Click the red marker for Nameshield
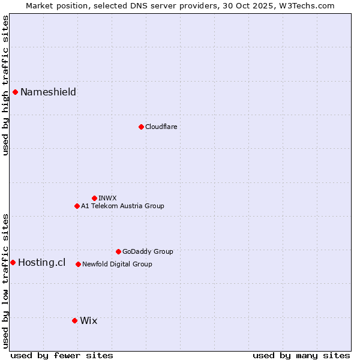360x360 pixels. tap(15, 92)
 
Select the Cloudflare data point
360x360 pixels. tap(141, 127)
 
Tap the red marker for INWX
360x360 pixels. tap(94, 198)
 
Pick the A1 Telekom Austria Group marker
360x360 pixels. tap(77, 206)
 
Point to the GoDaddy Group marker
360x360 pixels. tap(118, 251)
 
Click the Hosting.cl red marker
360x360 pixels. tap(13, 262)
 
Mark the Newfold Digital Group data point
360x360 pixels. tap(78, 264)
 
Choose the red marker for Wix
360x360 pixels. tap(74, 320)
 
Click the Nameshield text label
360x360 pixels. tap(48, 92)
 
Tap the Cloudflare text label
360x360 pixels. tap(161, 127)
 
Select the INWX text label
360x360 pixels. tap(107, 198)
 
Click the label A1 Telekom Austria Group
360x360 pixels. tap(122, 206)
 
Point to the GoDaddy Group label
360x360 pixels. tap(148, 251)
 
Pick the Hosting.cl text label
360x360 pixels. tap(41, 262)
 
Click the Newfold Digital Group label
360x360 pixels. tap(117, 264)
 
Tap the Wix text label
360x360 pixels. tap(88, 320)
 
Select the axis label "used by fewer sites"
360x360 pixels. tap(62, 355)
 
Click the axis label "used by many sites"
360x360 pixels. tap(301, 355)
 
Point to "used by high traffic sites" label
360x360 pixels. tap(5, 85)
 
